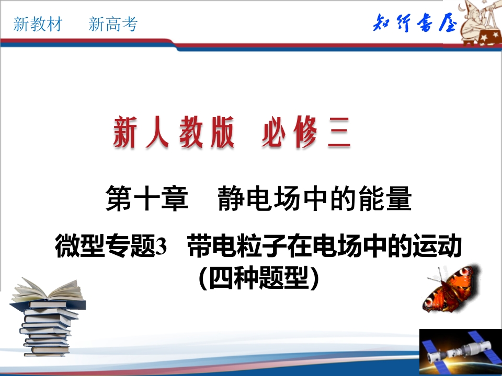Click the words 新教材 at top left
tap(38, 24)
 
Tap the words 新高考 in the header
tap(113, 24)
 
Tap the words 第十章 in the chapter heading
tap(147, 199)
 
